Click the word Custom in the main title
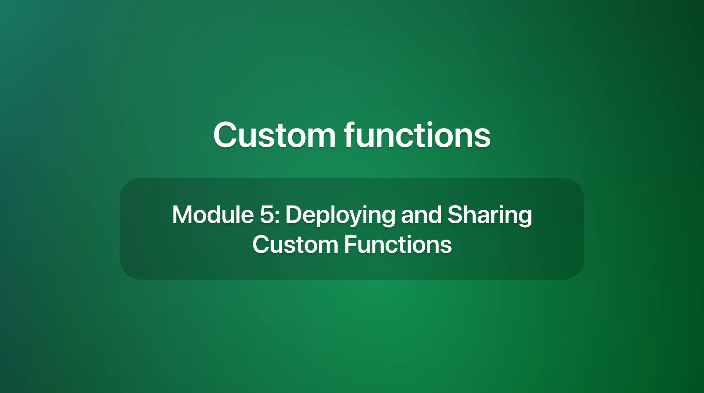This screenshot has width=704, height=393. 274,135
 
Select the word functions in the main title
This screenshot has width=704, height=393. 418,135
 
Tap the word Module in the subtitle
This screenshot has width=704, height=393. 213,215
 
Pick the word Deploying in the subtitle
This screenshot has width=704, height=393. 340,215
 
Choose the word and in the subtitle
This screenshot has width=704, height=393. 421,215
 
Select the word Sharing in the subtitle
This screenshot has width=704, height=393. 490,215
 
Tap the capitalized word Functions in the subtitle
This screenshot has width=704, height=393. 398,245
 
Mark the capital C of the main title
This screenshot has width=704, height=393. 225,135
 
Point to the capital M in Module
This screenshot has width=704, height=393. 182,215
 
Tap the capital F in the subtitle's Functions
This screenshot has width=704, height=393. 350,245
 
